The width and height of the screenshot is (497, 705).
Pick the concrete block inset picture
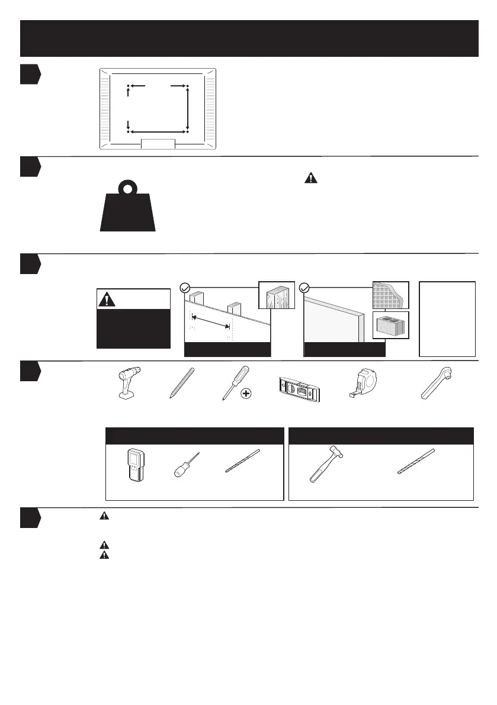pyautogui.click(x=391, y=325)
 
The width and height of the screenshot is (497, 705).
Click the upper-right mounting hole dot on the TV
pyautogui.click(x=187, y=86)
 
